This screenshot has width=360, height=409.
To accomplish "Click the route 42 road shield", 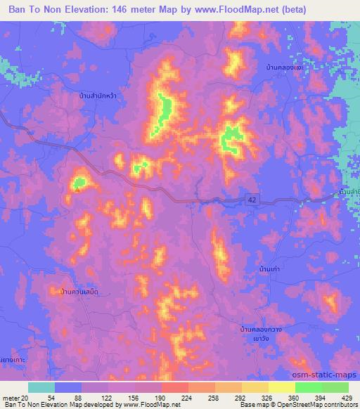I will click(x=251, y=200).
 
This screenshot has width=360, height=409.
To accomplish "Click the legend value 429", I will click(x=346, y=398).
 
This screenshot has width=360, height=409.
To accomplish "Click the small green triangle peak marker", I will click(x=79, y=185).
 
